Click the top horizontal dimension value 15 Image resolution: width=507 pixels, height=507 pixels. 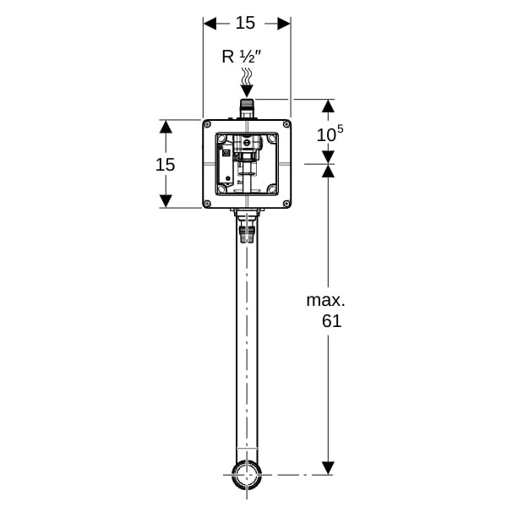[245, 23]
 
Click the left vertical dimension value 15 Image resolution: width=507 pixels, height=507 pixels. [166, 165]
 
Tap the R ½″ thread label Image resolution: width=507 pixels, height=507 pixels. [241, 57]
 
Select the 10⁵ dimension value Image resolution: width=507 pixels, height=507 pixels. [330, 134]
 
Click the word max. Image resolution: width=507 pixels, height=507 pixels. [325, 301]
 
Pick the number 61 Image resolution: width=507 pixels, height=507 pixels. [332, 321]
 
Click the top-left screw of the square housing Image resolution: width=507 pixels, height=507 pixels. [207, 124]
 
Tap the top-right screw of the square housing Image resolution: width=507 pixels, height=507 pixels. [286, 124]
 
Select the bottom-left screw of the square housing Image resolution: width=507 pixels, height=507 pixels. [207, 204]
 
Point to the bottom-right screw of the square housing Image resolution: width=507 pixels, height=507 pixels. [286, 204]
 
